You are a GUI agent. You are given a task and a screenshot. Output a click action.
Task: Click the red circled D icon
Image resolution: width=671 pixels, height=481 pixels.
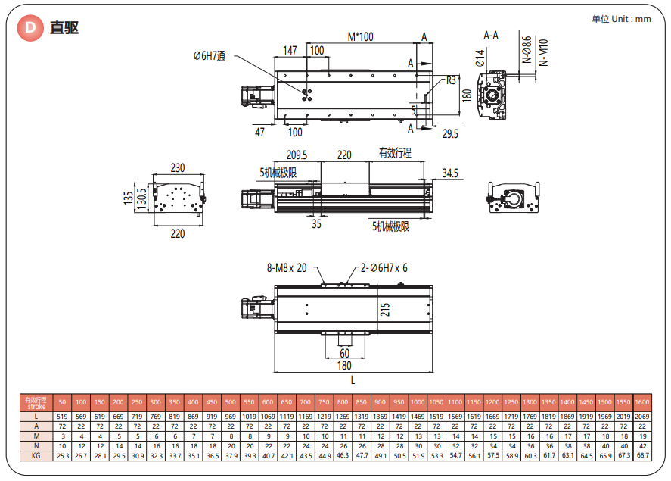coord(30,28)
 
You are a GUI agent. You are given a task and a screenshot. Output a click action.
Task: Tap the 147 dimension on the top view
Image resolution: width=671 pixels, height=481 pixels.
coord(290,50)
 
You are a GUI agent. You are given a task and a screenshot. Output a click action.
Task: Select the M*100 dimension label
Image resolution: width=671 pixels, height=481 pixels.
coord(360,36)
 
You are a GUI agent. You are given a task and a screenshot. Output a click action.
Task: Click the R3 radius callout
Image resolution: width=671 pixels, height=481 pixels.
coord(452,80)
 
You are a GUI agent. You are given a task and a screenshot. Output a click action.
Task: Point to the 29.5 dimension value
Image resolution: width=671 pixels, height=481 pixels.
coord(451,133)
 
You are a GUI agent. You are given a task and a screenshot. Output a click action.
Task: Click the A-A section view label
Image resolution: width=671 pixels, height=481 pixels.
coord(491,36)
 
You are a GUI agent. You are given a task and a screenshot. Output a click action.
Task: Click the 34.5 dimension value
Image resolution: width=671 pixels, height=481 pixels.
coord(450,173)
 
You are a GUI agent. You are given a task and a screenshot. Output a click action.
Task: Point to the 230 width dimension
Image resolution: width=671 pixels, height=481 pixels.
coord(177,167)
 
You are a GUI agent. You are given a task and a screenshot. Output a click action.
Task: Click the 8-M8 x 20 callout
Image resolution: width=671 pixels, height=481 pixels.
coord(287,267)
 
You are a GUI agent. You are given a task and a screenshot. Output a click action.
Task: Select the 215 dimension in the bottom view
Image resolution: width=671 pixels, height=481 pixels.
coord(384,309)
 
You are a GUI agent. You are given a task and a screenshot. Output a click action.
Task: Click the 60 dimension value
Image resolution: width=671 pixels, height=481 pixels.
coord(344,353)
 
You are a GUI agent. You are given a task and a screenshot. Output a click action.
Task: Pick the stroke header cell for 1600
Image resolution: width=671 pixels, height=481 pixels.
coord(641,401)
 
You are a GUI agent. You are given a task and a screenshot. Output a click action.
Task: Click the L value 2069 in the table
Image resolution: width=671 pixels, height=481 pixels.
coord(641,416)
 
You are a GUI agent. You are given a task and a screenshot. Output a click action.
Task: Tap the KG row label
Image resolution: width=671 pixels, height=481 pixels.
coord(36,456)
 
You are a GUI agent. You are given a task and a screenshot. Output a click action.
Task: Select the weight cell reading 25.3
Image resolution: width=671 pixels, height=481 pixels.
coord(62,456)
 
